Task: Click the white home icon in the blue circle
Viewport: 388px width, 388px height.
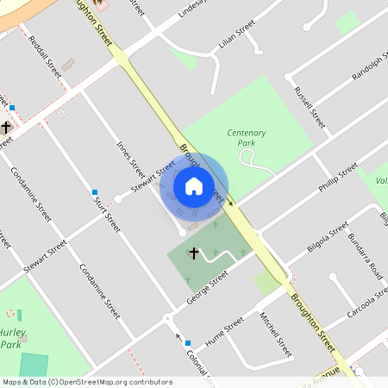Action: tap(194, 185)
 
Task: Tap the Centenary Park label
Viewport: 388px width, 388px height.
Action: tap(246, 138)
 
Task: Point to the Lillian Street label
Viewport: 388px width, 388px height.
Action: tap(237, 40)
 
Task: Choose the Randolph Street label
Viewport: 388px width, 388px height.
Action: tap(370, 66)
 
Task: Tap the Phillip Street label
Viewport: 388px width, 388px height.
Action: tap(337, 176)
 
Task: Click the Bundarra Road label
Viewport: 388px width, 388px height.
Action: tap(365, 253)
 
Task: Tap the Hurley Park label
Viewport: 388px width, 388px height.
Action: tap(11, 339)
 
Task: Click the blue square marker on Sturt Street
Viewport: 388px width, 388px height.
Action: tap(95, 191)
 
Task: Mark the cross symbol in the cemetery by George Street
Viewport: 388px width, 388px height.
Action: tap(194, 253)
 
